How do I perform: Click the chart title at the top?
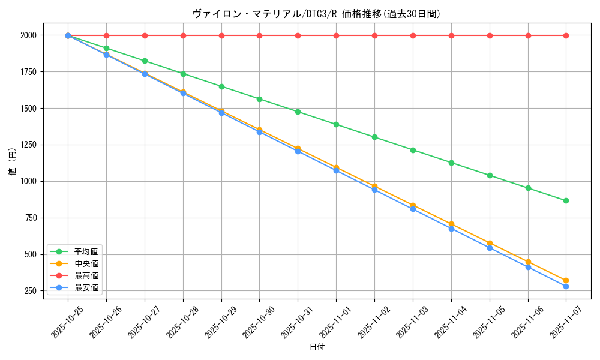tap(316, 14)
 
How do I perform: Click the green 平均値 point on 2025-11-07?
tap(566, 200)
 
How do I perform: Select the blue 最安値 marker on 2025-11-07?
tap(566, 286)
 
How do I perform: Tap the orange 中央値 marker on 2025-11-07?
tap(566, 280)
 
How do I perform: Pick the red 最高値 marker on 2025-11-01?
tap(336, 35)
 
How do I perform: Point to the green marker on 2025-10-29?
tap(221, 86)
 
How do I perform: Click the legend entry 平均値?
tap(86, 251)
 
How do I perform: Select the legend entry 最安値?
tap(86, 287)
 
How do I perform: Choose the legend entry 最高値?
tap(86, 275)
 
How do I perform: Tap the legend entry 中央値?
tap(86, 263)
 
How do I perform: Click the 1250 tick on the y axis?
tap(28, 145)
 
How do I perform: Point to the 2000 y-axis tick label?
tap(28, 35)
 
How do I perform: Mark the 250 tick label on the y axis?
tap(31, 291)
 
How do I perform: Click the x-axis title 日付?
tap(316, 347)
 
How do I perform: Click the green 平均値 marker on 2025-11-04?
tap(451, 163)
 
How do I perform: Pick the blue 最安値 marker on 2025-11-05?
tap(490, 248)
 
